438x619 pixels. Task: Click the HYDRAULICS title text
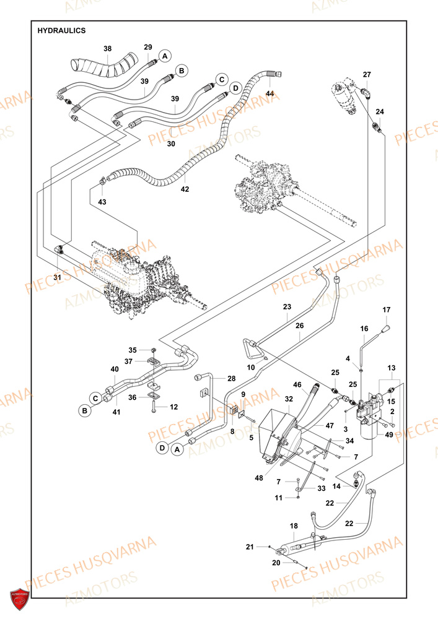[x=62, y=30]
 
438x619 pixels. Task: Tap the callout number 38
[x=108, y=48]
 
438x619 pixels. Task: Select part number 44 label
[x=269, y=93]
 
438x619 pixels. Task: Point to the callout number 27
[x=367, y=75]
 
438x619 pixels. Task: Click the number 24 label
[x=380, y=112]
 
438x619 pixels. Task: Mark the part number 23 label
[x=287, y=307]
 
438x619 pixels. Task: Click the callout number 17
[x=387, y=309]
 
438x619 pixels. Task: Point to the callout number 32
[x=288, y=399]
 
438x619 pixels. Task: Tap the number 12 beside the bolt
[x=174, y=407]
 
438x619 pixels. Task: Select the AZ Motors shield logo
[x=20, y=599]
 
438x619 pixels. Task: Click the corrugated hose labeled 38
[x=102, y=66]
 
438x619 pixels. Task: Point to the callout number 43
[x=102, y=202]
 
